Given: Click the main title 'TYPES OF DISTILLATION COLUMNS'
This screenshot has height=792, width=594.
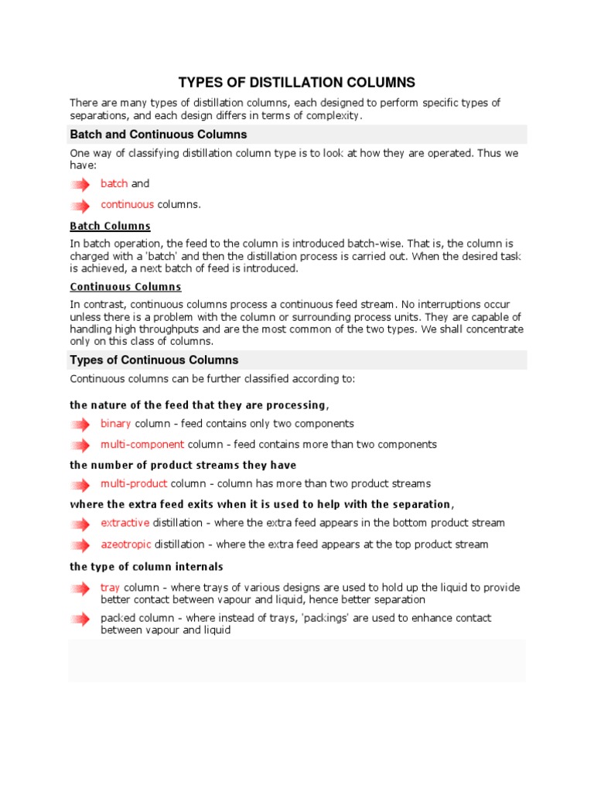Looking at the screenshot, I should [x=297, y=82].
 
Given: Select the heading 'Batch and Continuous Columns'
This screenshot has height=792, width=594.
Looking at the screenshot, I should [x=159, y=135].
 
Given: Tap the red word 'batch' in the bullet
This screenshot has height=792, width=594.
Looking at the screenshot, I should [x=114, y=184].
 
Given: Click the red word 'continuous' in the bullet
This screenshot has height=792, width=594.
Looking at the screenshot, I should [x=127, y=205].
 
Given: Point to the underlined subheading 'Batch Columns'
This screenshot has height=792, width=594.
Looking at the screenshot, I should [x=110, y=227].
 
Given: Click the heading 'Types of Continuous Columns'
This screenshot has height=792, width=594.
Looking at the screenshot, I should [x=154, y=360].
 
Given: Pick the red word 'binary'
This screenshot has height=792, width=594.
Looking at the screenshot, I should [x=116, y=424].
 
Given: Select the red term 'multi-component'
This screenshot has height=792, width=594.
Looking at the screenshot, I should [x=142, y=445].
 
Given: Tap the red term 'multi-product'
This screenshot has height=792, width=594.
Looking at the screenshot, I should [x=134, y=484].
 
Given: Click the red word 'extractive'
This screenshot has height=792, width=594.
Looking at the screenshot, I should [x=125, y=524].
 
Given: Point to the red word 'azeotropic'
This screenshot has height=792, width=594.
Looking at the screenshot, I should [x=125, y=544].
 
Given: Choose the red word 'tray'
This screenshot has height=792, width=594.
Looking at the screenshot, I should [x=111, y=588].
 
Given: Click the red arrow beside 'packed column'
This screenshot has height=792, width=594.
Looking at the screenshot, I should [x=80, y=619].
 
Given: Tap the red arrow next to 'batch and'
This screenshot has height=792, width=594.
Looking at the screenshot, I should [x=80, y=185].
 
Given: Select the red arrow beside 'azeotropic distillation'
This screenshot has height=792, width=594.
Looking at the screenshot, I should [x=80, y=545].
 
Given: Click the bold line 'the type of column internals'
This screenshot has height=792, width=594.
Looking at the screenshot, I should [x=146, y=567].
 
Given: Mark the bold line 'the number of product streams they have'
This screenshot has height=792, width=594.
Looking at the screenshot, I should [x=183, y=466].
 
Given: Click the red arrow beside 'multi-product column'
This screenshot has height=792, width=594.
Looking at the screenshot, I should [x=80, y=485].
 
